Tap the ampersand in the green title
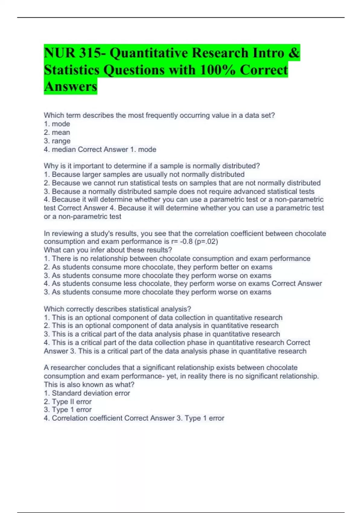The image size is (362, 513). click(294, 53)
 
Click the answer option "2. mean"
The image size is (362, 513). click(57, 132)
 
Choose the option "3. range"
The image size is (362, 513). click(57, 141)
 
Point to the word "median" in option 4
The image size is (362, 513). click(64, 149)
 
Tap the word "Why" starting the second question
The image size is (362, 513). click(50, 166)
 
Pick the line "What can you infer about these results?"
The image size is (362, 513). click(108, 250)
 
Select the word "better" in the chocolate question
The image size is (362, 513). click(229, 267)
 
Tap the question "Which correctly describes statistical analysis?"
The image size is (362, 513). click(117, 309)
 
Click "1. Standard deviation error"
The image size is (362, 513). click(87, 393)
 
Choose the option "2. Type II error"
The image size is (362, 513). click(68, 402)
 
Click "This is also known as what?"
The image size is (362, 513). click(89, 385)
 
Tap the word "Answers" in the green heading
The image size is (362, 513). click(71, 87)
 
